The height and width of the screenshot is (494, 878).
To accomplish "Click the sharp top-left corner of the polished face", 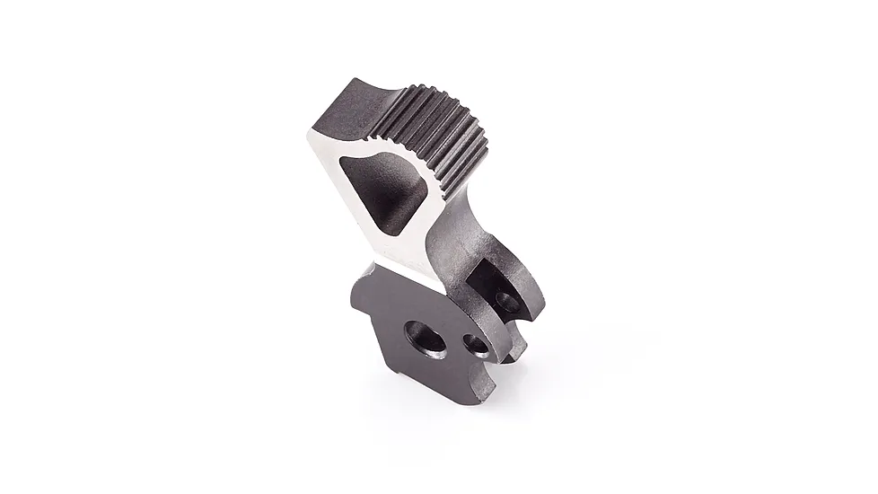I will (x=310, y=133).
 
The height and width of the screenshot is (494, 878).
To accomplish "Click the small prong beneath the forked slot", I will (x=515, y=346).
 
